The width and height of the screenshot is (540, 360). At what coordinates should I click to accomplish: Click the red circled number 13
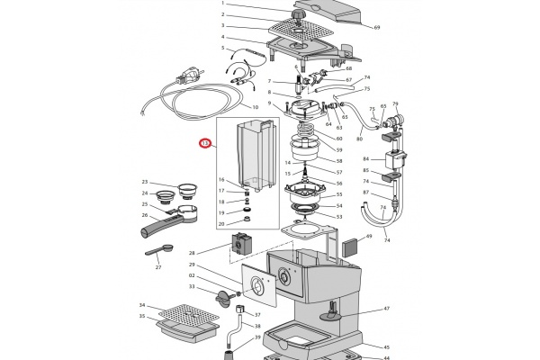205,142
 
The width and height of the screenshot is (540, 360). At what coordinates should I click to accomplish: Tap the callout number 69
377,28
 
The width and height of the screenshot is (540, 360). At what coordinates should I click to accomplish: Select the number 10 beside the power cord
255,107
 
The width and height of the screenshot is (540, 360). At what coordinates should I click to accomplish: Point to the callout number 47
386,309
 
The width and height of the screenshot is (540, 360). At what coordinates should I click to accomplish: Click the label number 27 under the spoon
157,267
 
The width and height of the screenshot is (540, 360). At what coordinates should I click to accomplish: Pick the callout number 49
368,236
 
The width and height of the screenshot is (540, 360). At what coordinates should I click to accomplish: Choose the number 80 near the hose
360,139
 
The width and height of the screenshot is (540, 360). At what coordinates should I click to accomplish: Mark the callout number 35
142,317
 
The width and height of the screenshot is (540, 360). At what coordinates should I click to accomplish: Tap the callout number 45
386,346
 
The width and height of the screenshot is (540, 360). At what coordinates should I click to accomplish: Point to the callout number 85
365,170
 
